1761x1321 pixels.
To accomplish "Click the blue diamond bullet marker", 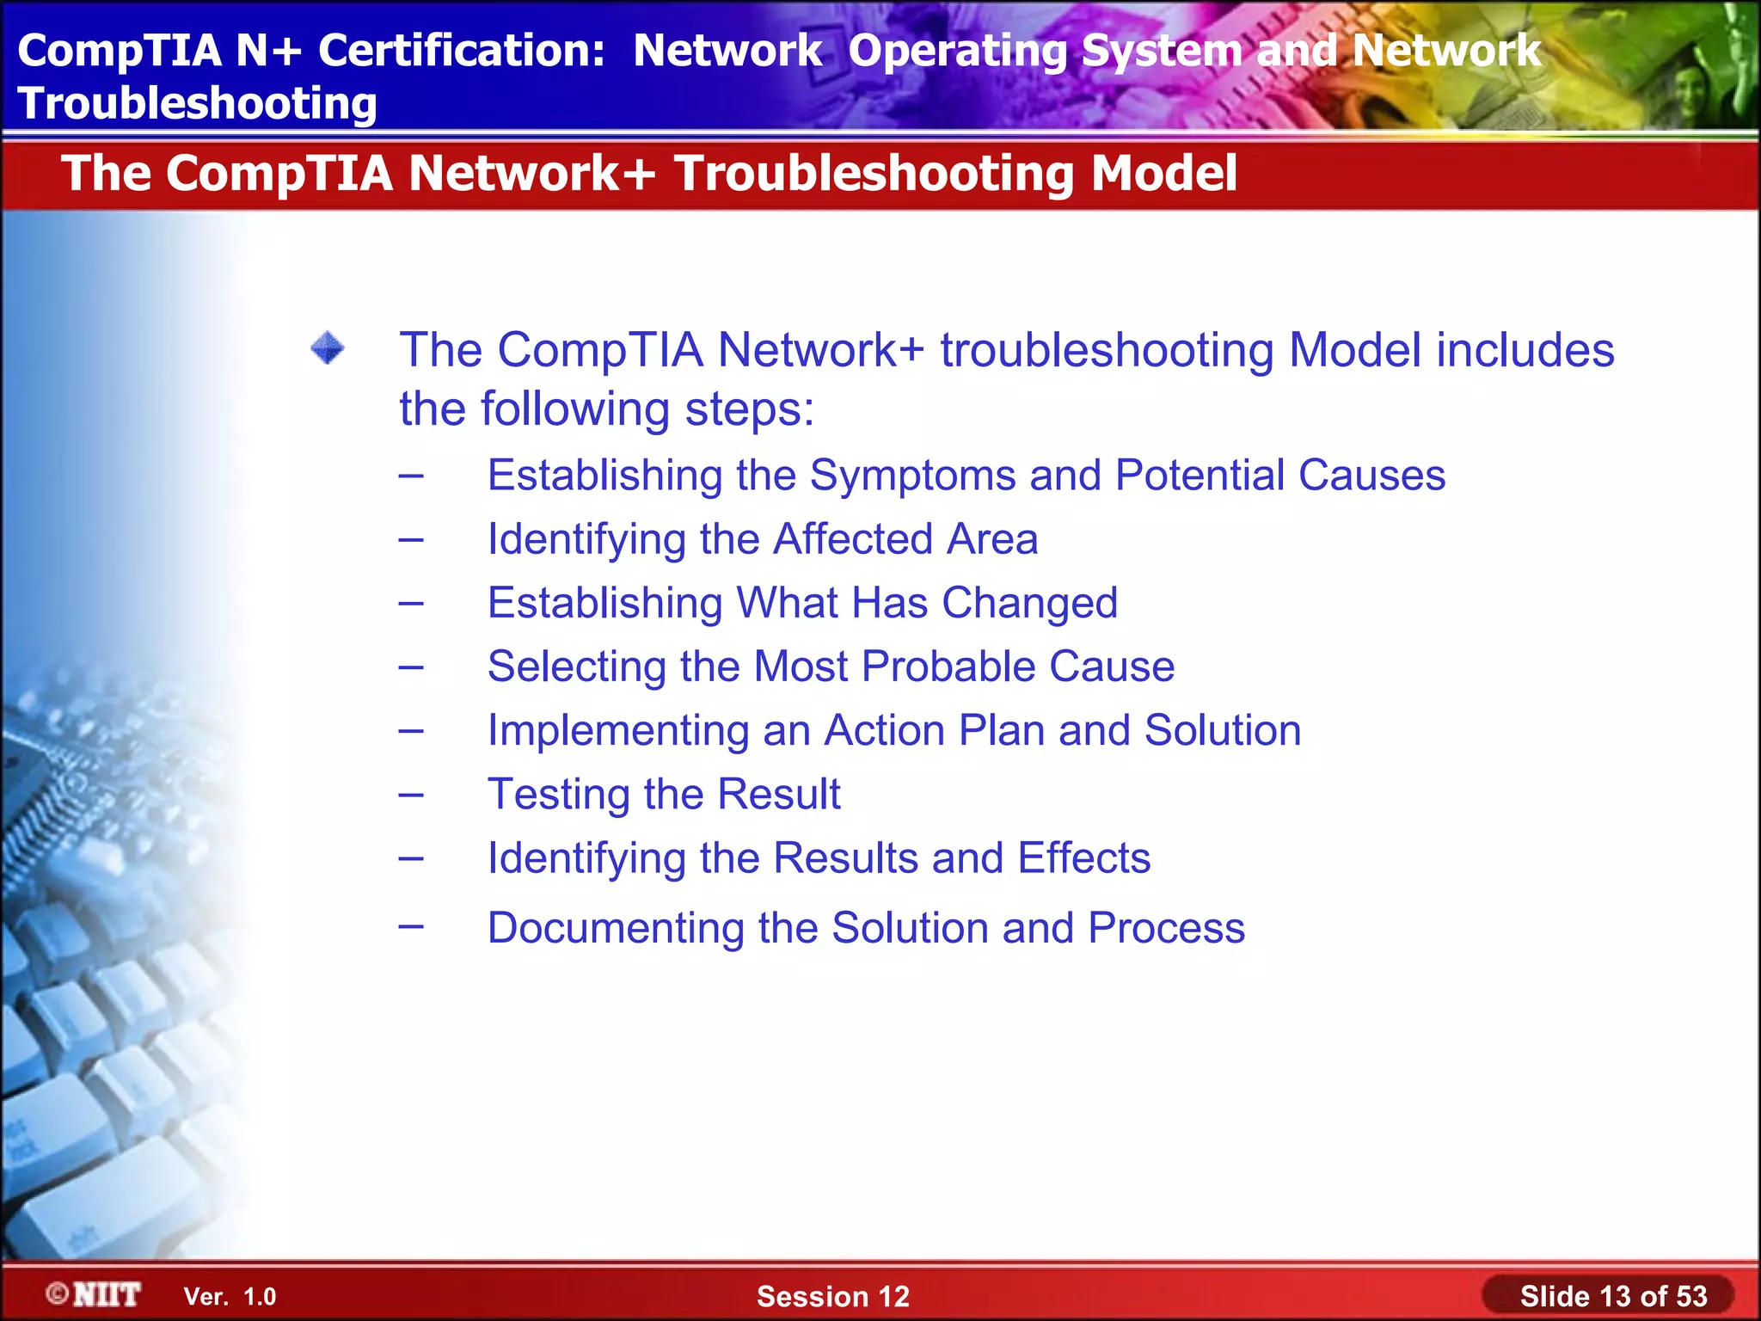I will click(328, 348).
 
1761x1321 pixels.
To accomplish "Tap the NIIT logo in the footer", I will click(95, 1294).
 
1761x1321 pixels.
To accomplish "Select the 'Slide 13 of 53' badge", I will click(1612, 1296).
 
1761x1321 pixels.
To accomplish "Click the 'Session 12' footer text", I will click(832, 1296).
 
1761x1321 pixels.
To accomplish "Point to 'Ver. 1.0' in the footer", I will click(230, 1297).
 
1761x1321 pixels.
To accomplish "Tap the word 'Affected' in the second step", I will click(852, 539).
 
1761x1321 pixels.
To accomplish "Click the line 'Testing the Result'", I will click(663, 794).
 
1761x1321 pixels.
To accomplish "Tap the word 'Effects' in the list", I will click(1083, 857).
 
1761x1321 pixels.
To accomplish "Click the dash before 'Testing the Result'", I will click(411, 794).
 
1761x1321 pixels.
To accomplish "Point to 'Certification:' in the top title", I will click(462, 50).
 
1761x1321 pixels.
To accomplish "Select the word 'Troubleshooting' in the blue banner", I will click(197, 103).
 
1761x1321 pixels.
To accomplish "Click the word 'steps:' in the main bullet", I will click(749, 409).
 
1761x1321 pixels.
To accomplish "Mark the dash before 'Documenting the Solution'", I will click(411, 926).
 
